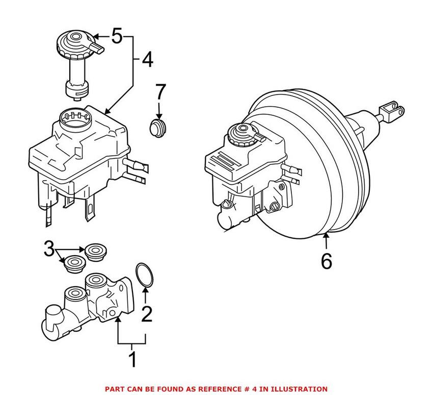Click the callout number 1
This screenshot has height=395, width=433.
(x=132, y=359)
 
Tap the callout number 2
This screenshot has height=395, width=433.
(x=146, y=314)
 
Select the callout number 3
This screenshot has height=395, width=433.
(x=49, y=250)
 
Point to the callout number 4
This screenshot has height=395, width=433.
(x=147, y=61)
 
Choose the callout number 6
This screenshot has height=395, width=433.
(x=326, y=261)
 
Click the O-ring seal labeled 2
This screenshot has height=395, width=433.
(x=145, y=274)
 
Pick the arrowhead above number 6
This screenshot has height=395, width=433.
(x=326, y=236)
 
